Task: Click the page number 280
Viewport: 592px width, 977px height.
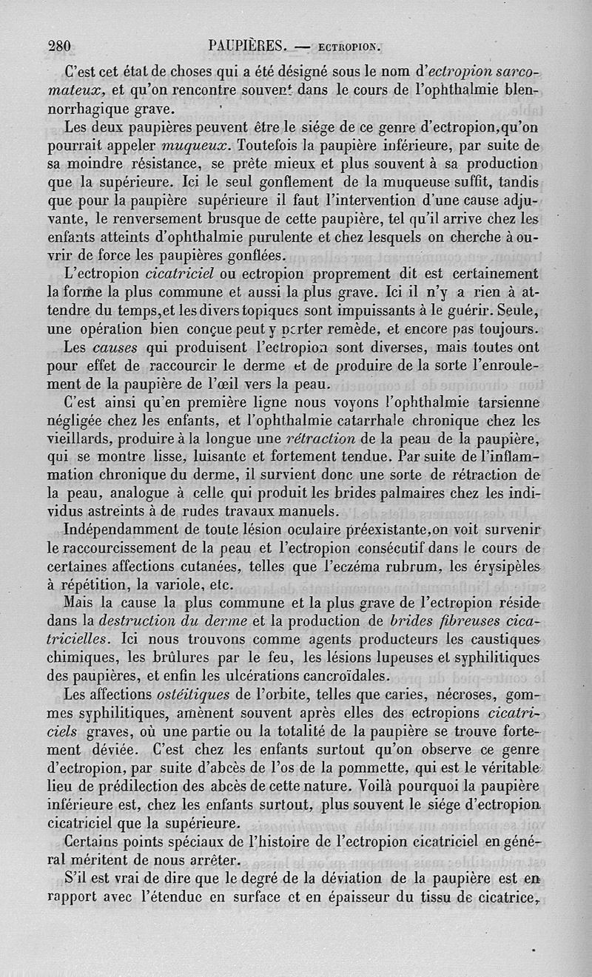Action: pos(58,47)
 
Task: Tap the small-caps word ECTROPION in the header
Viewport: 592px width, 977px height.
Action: pos(349,49)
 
